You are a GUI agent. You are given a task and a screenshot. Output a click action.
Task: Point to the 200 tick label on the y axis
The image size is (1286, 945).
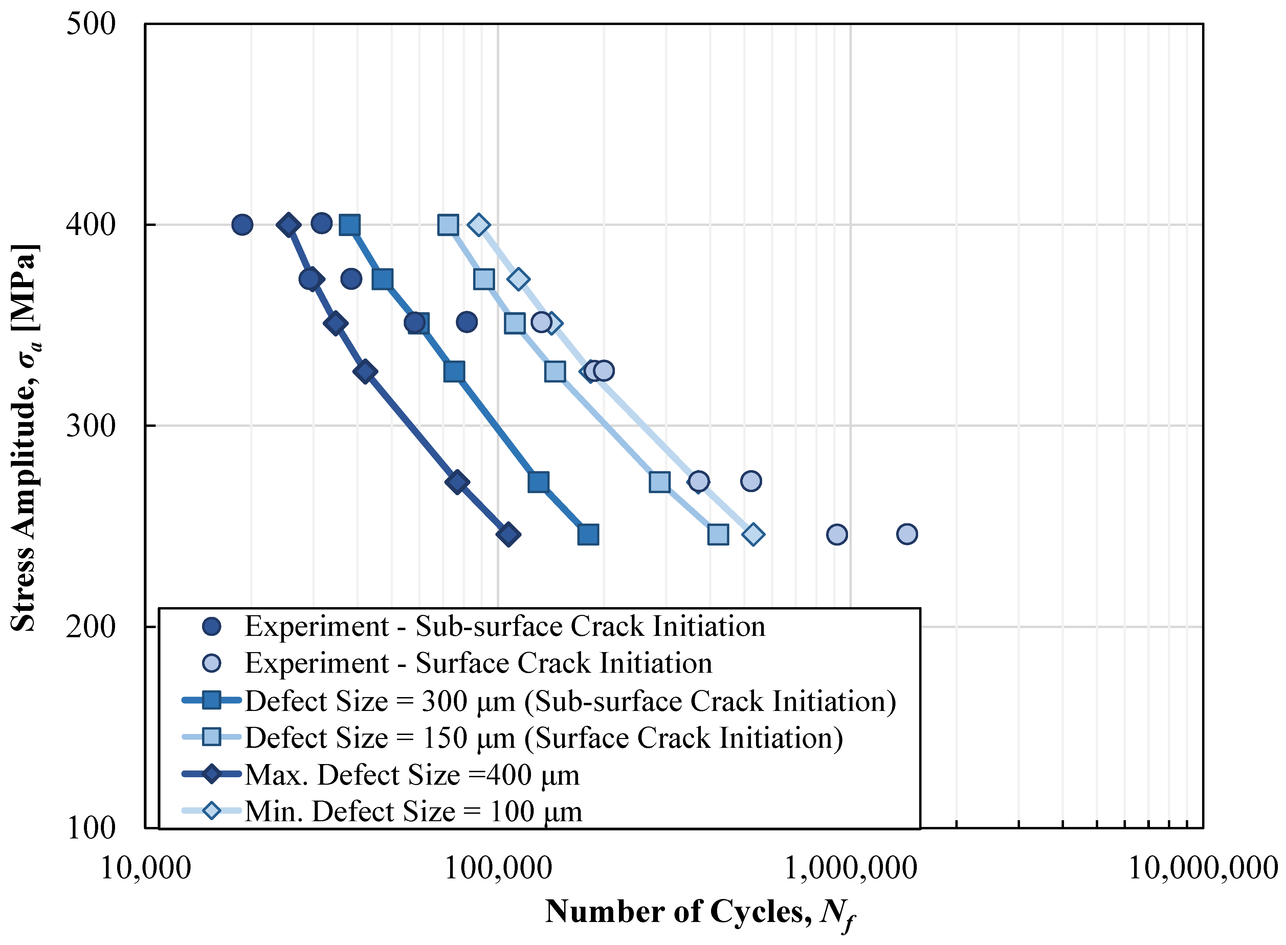click(x=90, y=627)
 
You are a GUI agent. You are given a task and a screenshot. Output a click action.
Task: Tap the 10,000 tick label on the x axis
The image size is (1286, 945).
click(x=145, y=868)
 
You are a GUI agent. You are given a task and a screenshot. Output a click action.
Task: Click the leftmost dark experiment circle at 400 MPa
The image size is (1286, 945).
click(x=242, y=225)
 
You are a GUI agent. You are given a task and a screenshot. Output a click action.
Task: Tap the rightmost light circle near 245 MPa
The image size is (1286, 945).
click(x=907, y=534)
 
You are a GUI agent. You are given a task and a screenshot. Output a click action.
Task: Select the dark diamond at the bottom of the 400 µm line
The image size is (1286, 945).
click(x=508, y=534)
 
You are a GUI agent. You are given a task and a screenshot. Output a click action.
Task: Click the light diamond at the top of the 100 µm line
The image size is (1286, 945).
click(x=479, y=225)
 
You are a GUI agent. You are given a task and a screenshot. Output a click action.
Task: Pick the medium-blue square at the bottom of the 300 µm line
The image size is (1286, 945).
click(x=588, y=534)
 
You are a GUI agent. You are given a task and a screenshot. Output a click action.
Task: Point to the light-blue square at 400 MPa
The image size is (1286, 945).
click(x=447, y=225)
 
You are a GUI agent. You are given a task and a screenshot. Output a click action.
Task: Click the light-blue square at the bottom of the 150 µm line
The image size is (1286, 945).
click(x=718, y=534)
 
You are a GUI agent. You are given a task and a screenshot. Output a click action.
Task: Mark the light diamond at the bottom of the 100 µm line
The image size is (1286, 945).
click(x=753, y=534)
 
